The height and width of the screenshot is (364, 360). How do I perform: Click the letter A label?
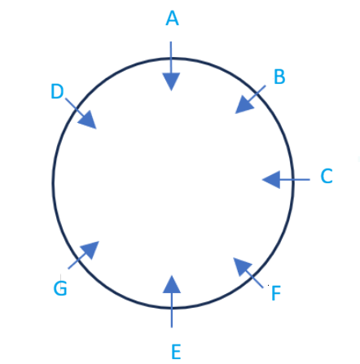(x=172, y=19)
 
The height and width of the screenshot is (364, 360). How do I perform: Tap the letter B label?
(x=279, y=77)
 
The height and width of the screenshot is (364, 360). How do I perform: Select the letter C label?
(x=327, y=176)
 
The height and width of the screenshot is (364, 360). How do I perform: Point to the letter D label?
(x=57, y=91)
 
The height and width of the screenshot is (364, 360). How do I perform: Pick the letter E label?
(x=176, y=352)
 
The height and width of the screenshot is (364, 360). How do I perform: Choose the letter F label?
(x=276, y=293)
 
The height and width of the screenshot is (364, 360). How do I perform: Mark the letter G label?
(x=60, y=288)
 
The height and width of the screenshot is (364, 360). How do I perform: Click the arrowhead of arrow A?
(x=171, y=81)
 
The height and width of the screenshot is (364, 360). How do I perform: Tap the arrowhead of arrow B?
(x=244, y=105)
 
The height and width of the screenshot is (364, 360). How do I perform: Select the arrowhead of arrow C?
(x=271, y=179)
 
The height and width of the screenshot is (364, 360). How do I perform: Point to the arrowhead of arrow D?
(x=87, y=120)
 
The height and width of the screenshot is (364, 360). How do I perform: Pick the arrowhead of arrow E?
(x=172, y=284)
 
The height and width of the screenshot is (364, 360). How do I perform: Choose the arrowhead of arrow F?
(x=243, y=267)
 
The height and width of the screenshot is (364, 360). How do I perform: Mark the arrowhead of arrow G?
(x=90, y=250)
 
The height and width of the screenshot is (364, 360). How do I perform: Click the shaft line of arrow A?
(x=171, y=58)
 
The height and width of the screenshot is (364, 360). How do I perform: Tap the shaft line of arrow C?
(x=295, y=179)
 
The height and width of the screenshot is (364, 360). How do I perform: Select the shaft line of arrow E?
(x=172, y=310)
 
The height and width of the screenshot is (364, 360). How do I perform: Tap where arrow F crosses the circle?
(x=254, y=278)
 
